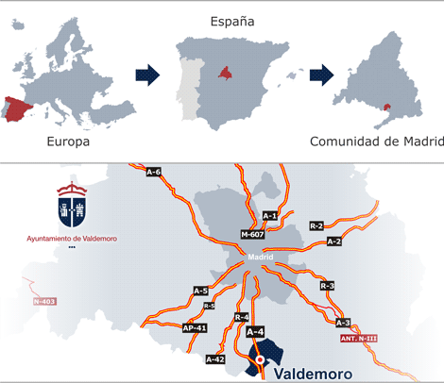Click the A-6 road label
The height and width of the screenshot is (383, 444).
point(154,172)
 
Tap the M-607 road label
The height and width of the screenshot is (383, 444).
point(252,234)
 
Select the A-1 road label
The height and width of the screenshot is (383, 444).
point(269,216)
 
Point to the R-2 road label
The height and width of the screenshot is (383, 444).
point(316,225)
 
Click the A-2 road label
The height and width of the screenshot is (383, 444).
point(333,241)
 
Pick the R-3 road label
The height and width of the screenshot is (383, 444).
point(327,285)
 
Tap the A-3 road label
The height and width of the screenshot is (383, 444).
point(343,323)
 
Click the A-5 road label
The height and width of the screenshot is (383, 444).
point(200,291)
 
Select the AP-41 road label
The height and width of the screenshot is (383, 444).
point(194,327)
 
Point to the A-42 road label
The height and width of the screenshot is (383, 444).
point(215,359)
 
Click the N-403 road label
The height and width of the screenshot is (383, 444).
point(43,302)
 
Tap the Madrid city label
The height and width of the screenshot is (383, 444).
point(260,256)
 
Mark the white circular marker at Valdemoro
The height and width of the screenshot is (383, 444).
point(261,358)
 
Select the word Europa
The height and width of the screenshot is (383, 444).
point(68,142)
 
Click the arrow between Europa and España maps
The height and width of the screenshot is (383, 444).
point(146,75)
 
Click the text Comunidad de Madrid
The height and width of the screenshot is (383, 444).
point(376,142)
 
